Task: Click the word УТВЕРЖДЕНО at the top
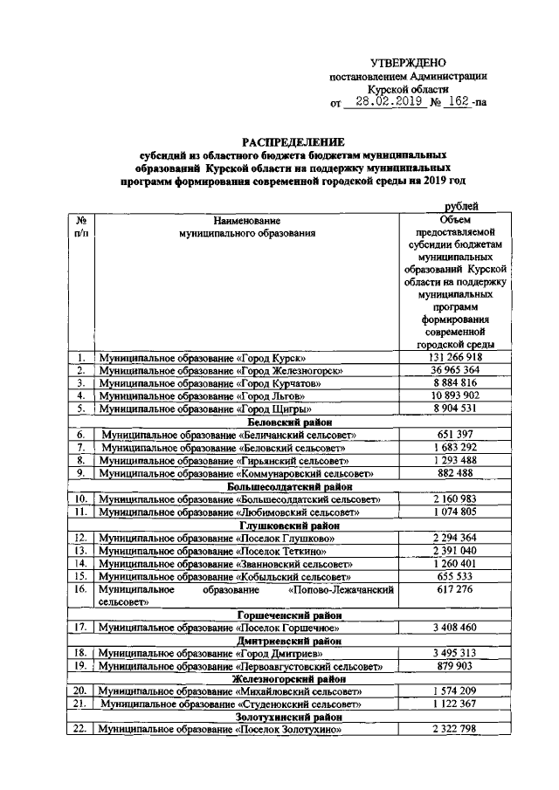pyautogui.click(x=408, y=63)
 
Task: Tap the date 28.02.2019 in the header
pyautogui.click(x=385, y=102)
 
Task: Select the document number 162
pyautogui.click(x=456, y=102)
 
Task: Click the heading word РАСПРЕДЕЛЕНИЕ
pyautogui.click(x=293, y=141)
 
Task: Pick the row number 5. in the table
pyautogui.click(x=80, y=409)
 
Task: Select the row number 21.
pyautogui.click(x=80, y=704)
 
